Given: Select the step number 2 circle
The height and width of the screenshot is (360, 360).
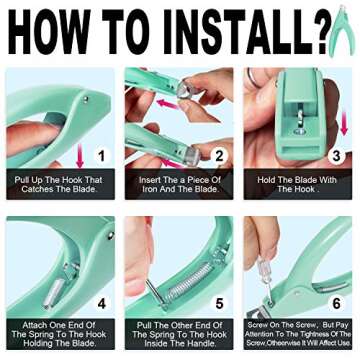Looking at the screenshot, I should tap(217, 155).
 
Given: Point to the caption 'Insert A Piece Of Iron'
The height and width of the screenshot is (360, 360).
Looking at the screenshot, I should tap(179, 186).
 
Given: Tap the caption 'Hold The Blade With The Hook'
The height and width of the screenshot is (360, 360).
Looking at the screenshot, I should tap(300, 186).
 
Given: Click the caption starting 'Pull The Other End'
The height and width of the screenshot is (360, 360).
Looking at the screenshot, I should tap(179, 333).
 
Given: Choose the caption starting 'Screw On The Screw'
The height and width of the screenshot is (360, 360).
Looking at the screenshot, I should tap(300, 333).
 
